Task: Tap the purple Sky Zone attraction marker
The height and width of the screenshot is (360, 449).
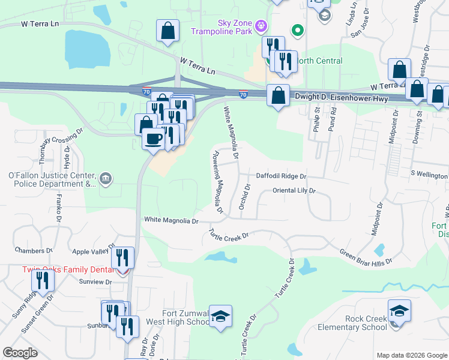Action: (x=261, y=26)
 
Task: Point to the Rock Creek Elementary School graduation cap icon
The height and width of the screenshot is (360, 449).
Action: (x=399, y=311)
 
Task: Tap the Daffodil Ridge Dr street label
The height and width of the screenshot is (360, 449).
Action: (x=281, y=176)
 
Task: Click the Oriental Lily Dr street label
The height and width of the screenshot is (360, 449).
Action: (x=294, y=191)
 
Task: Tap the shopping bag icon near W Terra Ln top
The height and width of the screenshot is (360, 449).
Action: (x=168, y=31)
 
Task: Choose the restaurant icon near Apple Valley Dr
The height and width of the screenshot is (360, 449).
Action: (x=122, y=258)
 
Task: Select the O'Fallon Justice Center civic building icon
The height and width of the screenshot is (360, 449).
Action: (x=105, y=178)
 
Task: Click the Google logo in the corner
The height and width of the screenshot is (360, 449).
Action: (x=20, y=353)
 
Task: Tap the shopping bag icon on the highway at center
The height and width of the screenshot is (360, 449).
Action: (x=278, y=95)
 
